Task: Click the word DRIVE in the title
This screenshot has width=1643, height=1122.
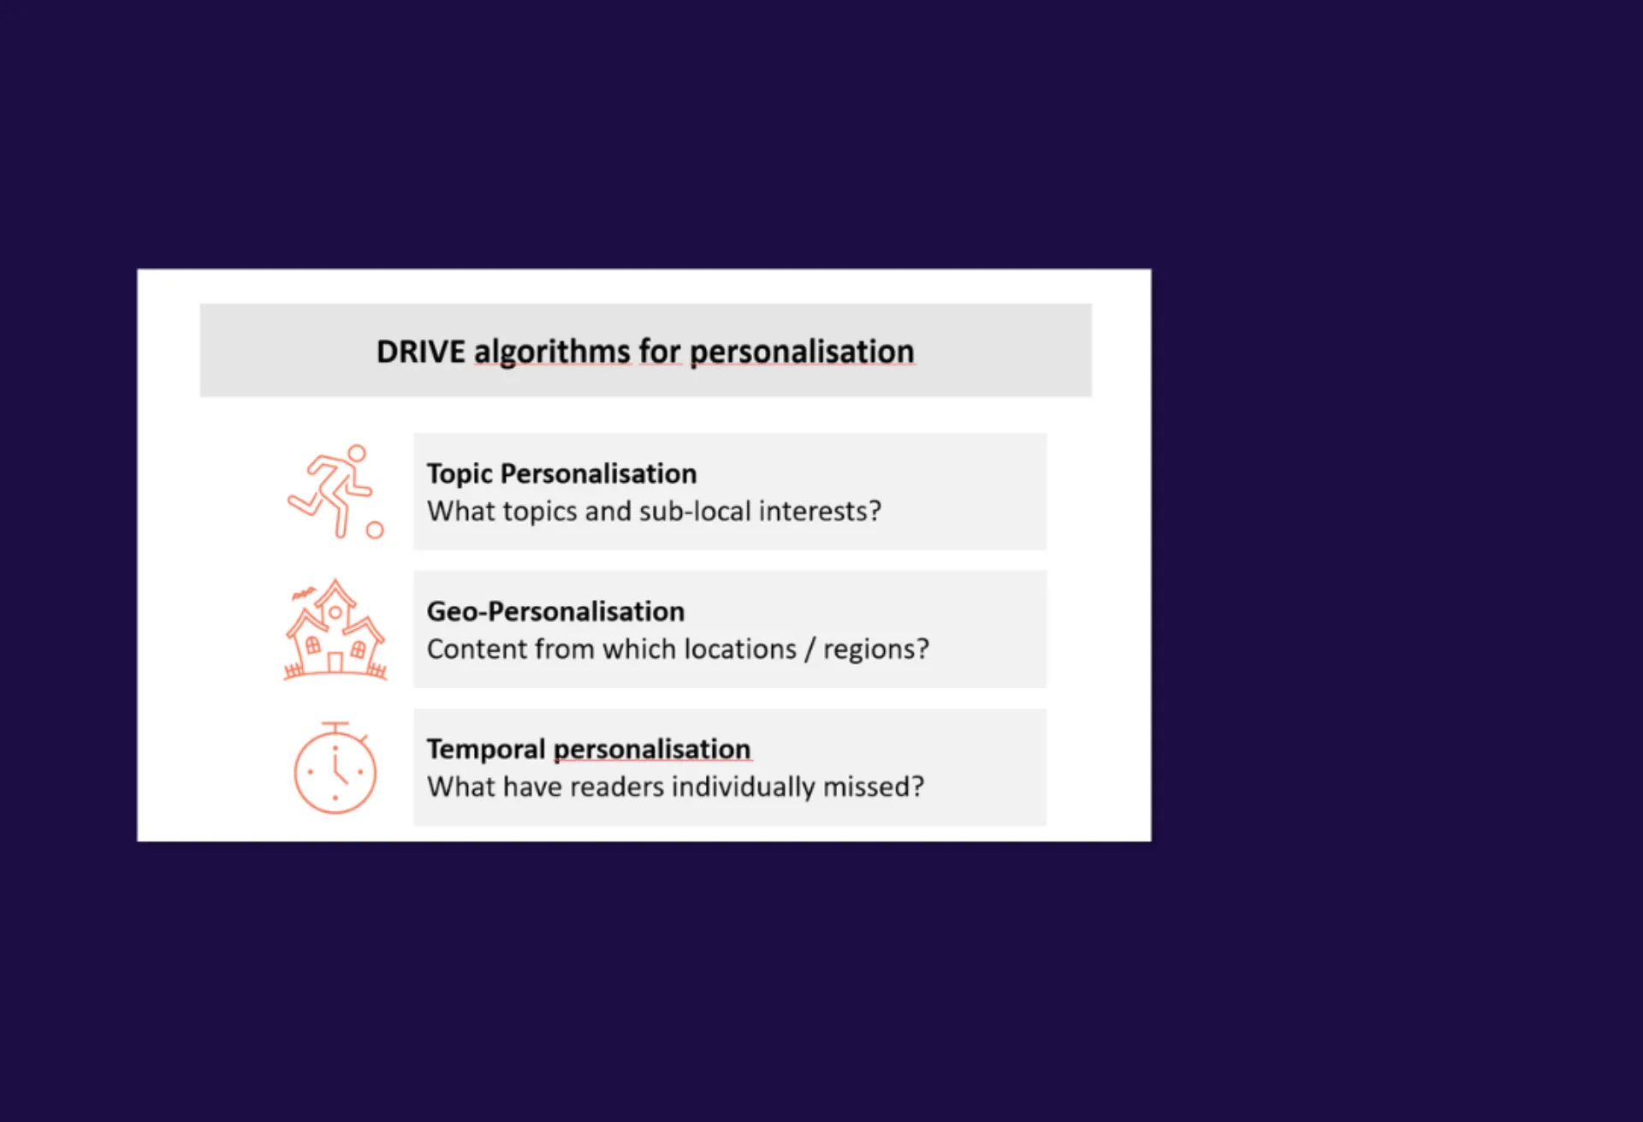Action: click(421, 352)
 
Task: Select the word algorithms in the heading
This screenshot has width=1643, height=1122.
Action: click(552, 353)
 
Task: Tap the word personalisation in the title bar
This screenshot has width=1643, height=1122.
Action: click(802, 353)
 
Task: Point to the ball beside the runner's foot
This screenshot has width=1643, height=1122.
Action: click(375, 530)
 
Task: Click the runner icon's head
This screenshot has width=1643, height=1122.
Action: click(357, 453)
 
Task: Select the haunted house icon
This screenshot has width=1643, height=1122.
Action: click(335, 629)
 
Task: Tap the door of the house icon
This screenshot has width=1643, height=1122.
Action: click(335, 663)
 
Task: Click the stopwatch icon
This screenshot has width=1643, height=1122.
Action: click(335, 768)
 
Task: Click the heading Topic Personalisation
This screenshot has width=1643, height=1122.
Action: click(561, 474)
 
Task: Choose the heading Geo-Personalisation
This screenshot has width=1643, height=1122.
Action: click(555, 611)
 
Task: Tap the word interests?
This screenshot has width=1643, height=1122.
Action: click(820, 512)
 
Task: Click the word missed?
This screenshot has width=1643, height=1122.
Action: click(874, 787)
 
